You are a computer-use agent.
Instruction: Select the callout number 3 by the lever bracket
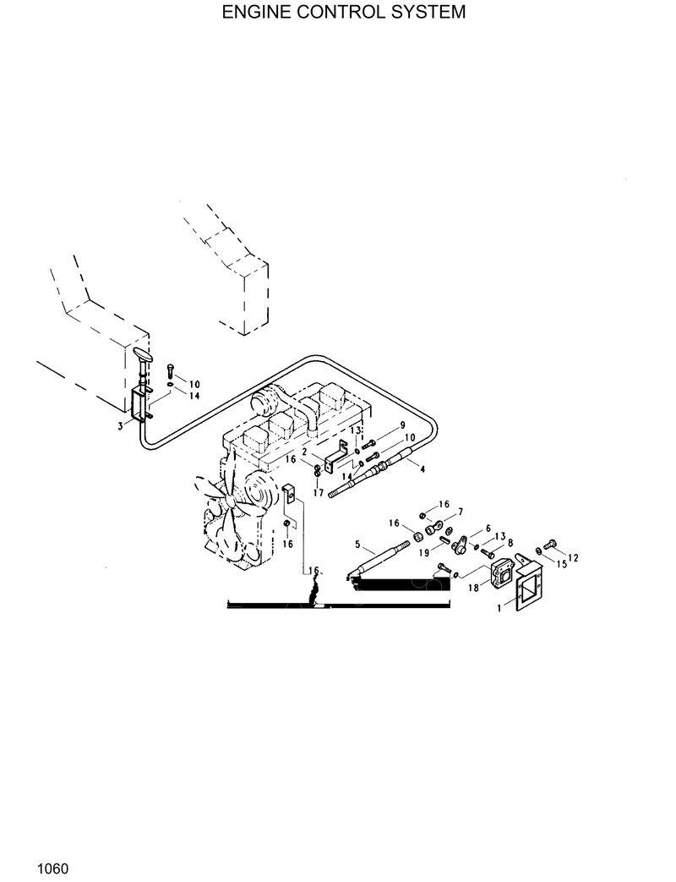click(x=121, y=427)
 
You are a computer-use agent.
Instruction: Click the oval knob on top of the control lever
click(x=143, y=356)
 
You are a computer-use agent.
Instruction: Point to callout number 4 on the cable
click(x=422, y=468)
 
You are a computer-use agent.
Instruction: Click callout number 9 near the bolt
click(x=403, y=425)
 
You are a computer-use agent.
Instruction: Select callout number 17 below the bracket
click(x=318, y=492)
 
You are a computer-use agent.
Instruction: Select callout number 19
click(x=425, y=552)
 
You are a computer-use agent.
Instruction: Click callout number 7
click(x=461, y=512)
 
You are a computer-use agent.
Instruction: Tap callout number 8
click(x=510, y=544)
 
